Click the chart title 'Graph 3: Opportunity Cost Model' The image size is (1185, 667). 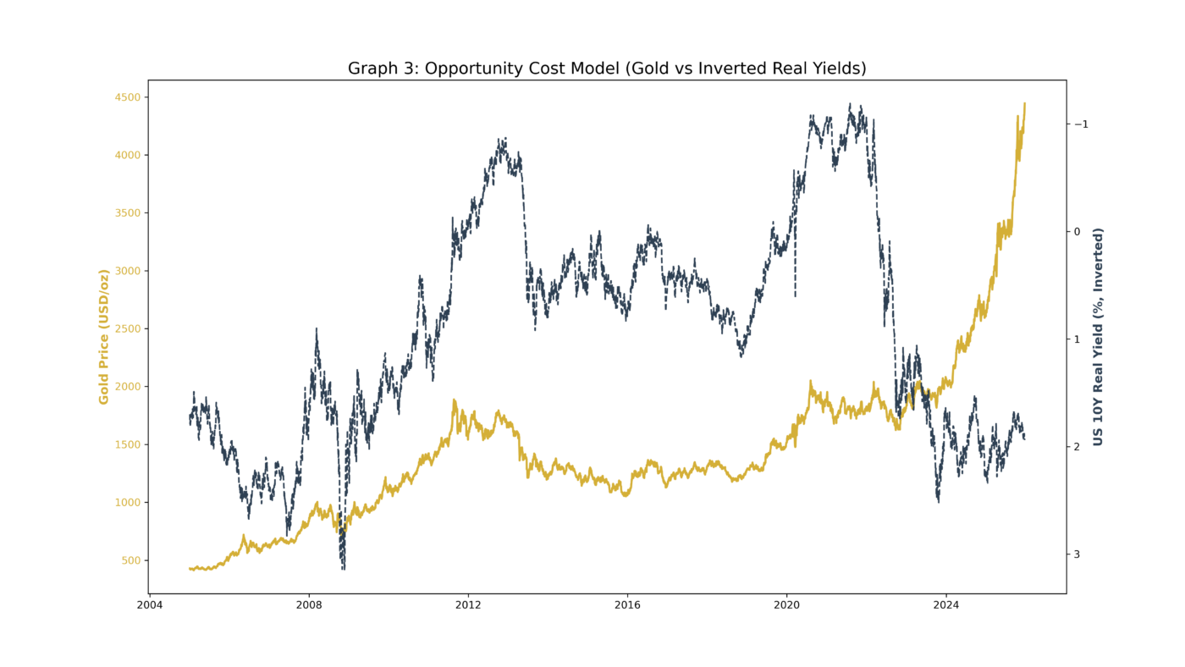[x=607, y=69]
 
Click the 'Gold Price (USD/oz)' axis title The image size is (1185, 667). [x=104, y=337]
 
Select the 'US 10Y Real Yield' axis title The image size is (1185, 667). [x=1098, y=337]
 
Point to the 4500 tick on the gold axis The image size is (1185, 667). [x=127, y=97]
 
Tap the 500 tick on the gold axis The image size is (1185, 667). [x=130, y=560]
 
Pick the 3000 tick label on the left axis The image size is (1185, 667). [x=127, y=271]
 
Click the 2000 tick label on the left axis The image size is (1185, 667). [x=127, y=387]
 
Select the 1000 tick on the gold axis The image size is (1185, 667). [x=127, y=503]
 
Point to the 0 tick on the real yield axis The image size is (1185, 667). [x=1079, y=232]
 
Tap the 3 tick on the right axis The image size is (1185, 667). [x=1079, y=554]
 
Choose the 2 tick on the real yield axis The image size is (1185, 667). [x=1079, y=447]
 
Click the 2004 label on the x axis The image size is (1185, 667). [x=150, y=605]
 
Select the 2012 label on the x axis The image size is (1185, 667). [x=468, y=605]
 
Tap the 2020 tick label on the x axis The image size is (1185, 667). [x=787, y=605]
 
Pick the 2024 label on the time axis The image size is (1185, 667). [x=946, y=605]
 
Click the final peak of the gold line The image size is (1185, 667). [x=1024, y=103]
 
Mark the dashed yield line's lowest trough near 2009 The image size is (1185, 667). [x=343, y=569]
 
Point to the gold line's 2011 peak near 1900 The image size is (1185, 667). [x=455, y=400]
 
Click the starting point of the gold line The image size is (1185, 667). [x=190, y=569]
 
